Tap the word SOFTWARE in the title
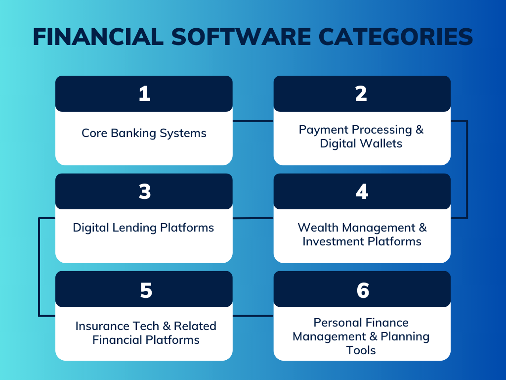tap(241, 37)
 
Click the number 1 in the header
tap(144, 94)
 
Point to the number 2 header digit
tap(362, 94)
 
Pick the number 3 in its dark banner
tap(144, 191)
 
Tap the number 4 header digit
tap(362, 191)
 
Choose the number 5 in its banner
tap(145, 289)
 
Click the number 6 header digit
tap(363, 289)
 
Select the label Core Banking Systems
tap(144, 133)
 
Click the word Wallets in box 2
tap(382, 143)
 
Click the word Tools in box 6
tap(361, 350)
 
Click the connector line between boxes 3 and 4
tap(253, 218)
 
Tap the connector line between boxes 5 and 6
tap(253, 316)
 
